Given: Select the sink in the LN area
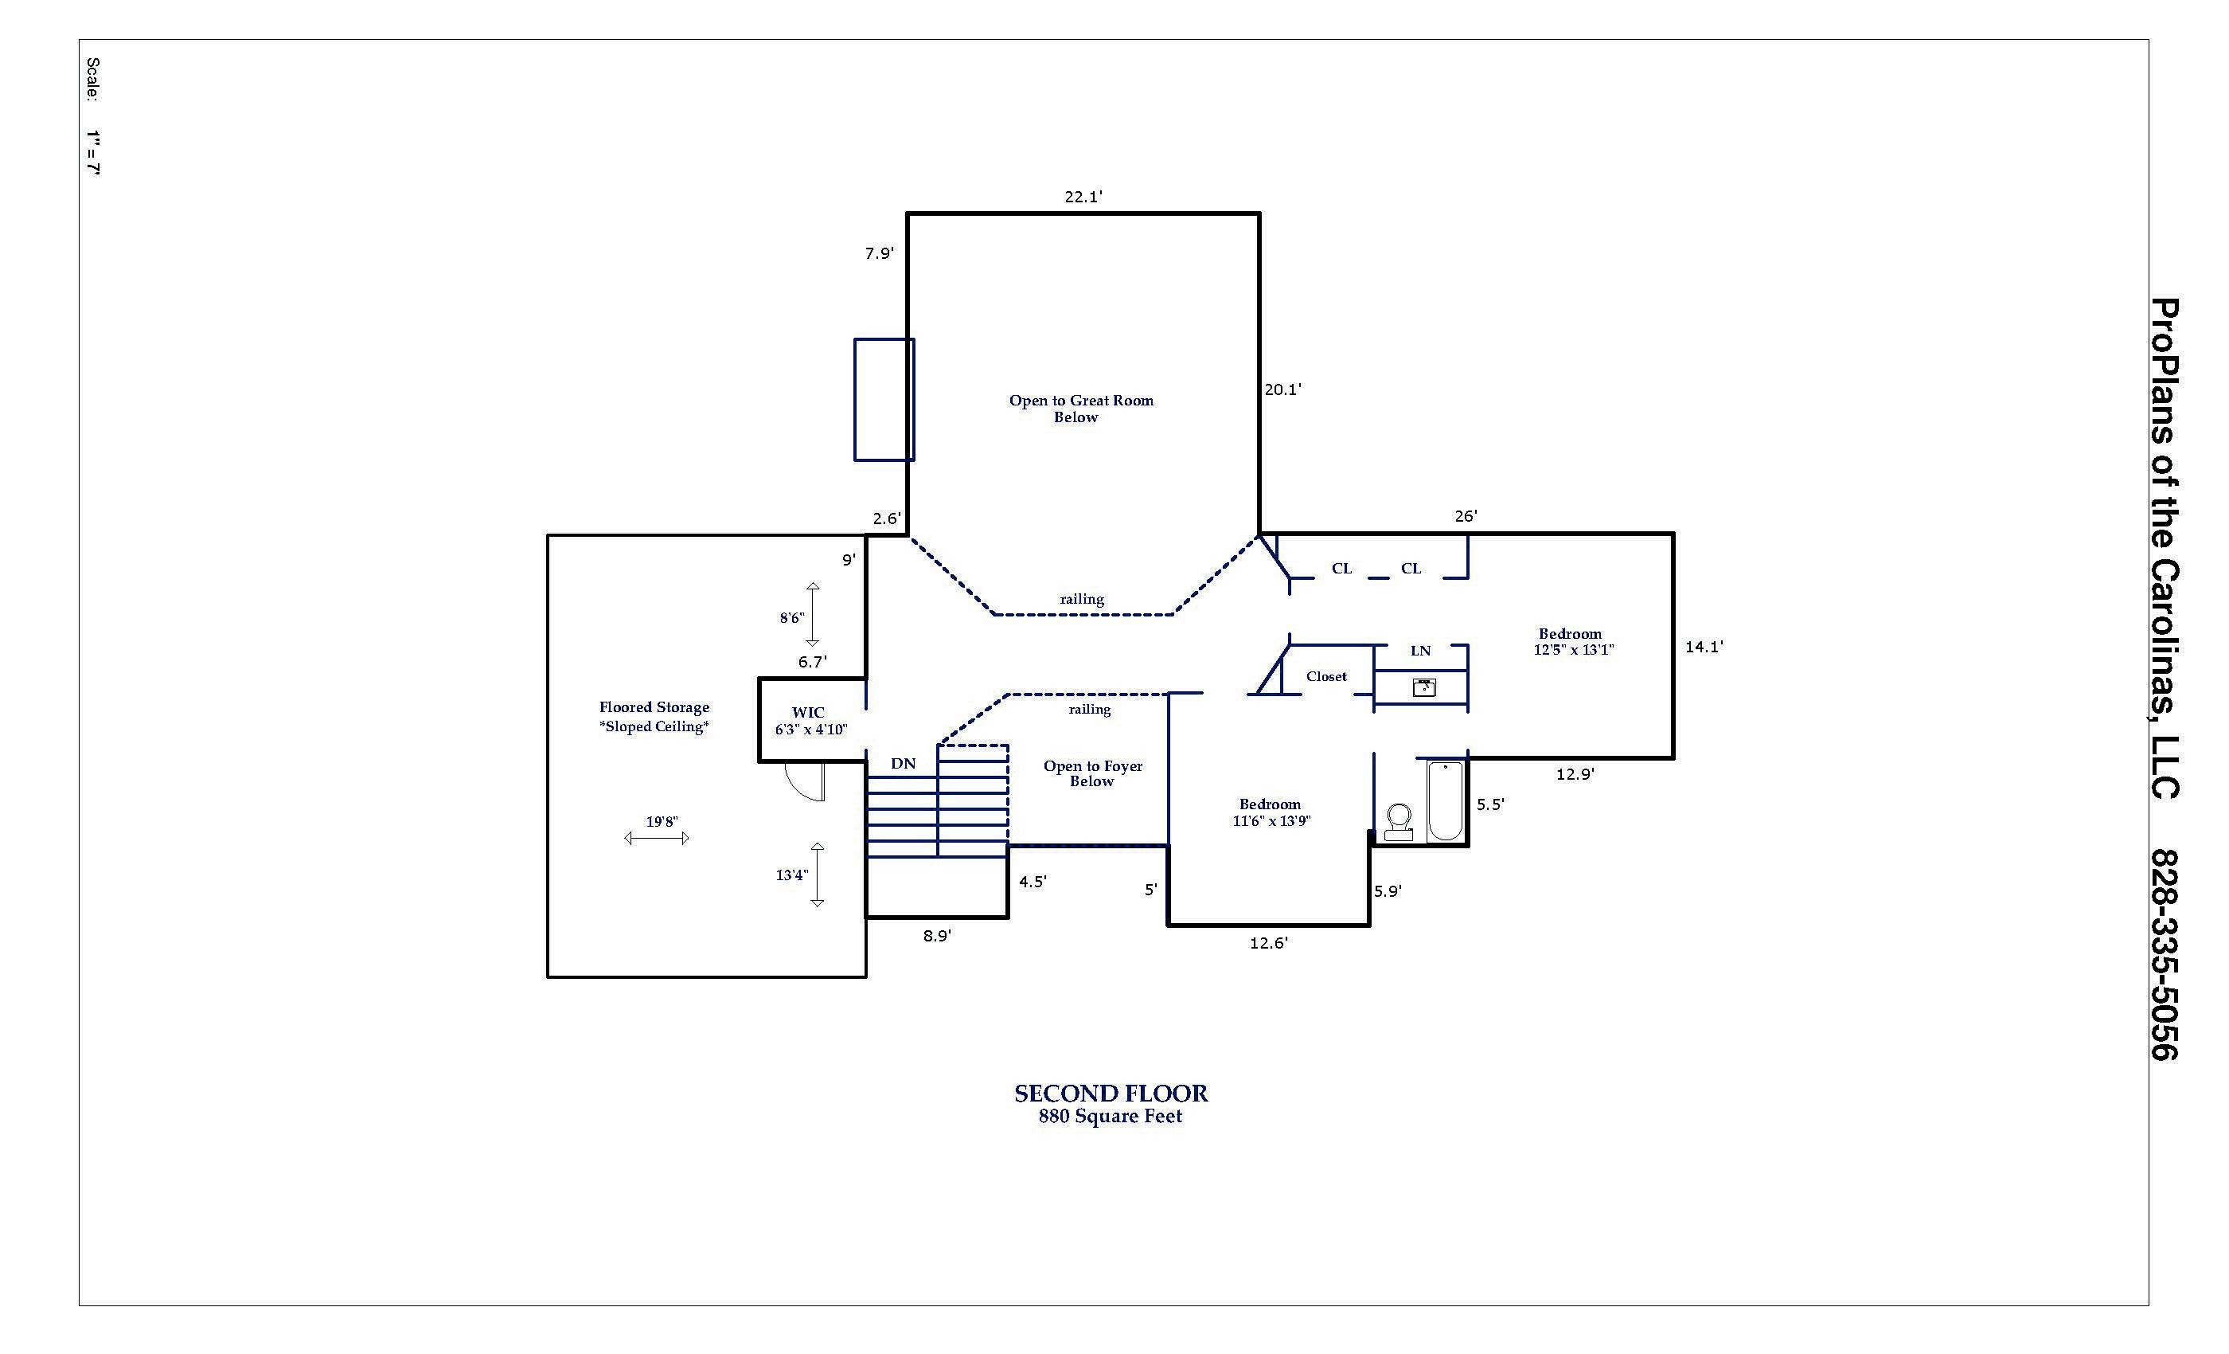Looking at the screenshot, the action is coord(1424,688).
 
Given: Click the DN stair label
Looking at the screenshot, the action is coord(903,764).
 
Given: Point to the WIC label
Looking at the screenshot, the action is coord(808,712).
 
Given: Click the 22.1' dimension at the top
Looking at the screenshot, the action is coord(1083,197).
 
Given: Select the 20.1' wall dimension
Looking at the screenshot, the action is coord(1282,389).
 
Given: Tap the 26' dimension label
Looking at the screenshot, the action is coord(1466,516).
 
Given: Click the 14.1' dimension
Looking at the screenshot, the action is coord(1704,647).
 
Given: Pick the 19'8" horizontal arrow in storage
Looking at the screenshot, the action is coord(657,838).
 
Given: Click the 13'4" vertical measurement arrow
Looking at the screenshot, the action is coord(817,875).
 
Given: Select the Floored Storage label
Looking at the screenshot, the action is coord(654,708).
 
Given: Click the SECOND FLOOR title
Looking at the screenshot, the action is coord(1111,1094).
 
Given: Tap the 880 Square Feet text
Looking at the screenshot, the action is coord(1110,1117).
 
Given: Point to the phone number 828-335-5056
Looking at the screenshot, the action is coord(2165,954).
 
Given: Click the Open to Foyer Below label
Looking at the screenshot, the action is coord(1093,774).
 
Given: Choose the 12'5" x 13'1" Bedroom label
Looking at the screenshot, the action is coord(1573,642).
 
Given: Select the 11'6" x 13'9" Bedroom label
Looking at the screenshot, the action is coord(1271,812).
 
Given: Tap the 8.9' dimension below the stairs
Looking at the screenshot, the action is coord(937,937).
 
